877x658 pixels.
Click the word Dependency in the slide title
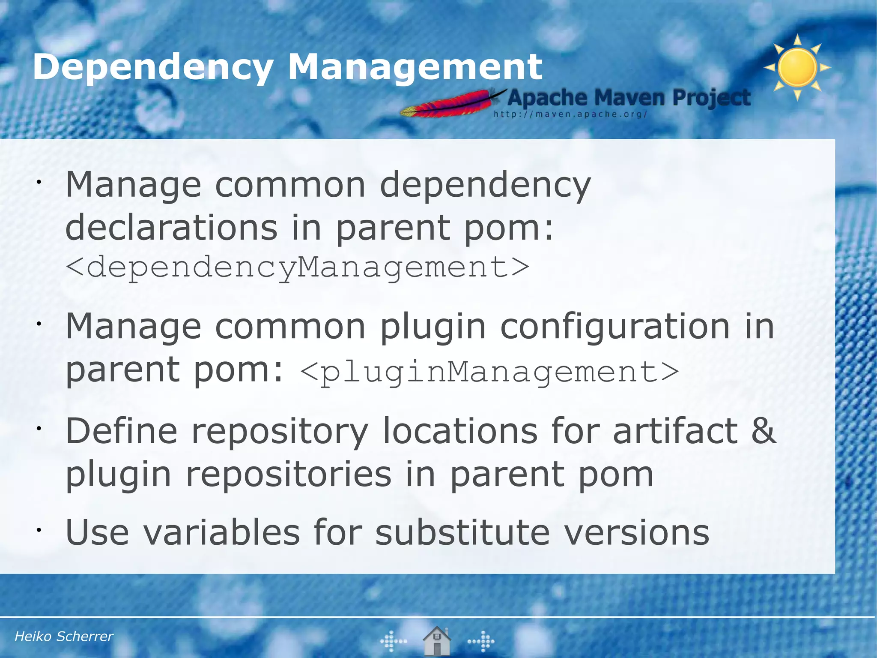coord(153,67)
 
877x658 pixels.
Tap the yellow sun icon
coord(797,67)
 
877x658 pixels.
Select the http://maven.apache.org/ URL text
coord(570,114)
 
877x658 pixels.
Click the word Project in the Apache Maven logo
coord(711,98)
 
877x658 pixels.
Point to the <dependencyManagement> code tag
coord(298,267)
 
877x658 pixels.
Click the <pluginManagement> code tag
coord(489,372)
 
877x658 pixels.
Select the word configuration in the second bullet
coord(615,327)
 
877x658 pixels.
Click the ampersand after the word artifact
coord(764,431)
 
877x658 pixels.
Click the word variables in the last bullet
coord(221,532)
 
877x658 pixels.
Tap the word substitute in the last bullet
coord(462,532)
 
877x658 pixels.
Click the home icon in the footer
coord(436,641)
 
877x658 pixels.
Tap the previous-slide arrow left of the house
coord(393,641)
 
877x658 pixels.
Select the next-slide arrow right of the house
coord(481,641)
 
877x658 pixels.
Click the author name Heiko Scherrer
coord(64,637)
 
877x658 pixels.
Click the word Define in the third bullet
coord(121,431)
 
